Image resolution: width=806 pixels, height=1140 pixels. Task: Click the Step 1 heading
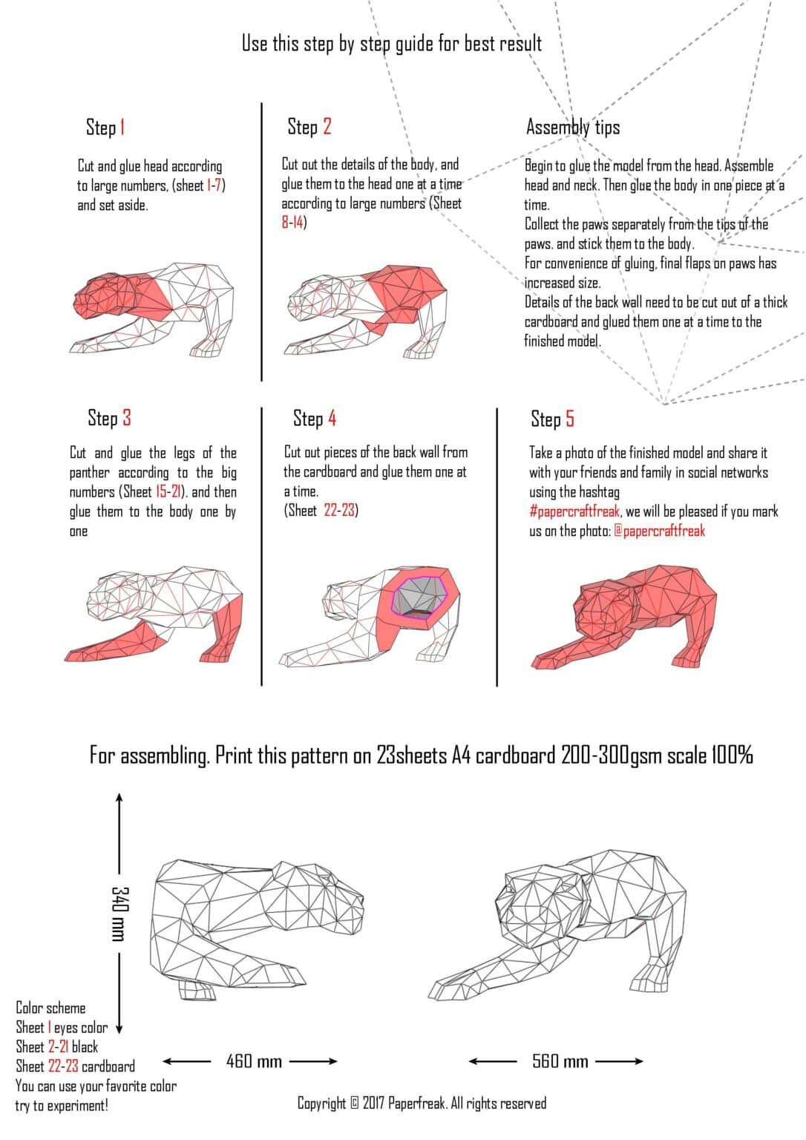[105, 127]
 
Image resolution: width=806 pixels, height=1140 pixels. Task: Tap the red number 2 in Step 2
[327, 126]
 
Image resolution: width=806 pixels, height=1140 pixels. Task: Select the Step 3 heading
[109, 419]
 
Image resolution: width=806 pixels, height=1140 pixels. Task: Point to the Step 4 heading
[315, 419]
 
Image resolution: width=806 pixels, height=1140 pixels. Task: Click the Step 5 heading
[552, 419]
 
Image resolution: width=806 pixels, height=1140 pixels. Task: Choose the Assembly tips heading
[573, 127]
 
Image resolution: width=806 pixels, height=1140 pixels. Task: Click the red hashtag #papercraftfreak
[574, 511]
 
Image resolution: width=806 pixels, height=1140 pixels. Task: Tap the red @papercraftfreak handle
[659, 531]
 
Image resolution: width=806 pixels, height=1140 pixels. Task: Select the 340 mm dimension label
[120, 914]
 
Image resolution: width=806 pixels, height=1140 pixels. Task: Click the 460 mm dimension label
[254, 1061]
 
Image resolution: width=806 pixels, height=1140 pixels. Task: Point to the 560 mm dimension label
[560, 1061]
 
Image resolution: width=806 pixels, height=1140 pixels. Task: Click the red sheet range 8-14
[292, 223]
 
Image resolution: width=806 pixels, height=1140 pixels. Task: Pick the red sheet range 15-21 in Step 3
[168, 491]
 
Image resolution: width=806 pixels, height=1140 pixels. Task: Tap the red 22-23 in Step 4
[339, 510]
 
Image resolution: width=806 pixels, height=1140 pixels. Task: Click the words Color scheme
[50, 1008]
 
